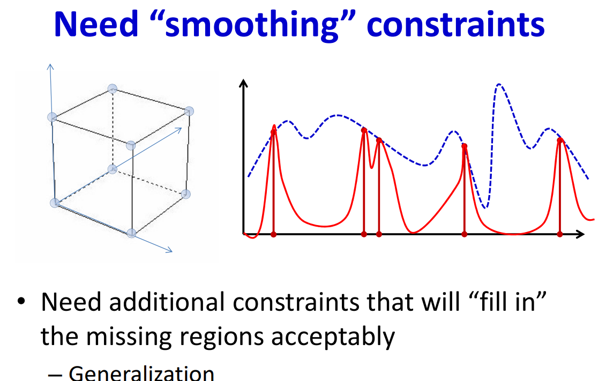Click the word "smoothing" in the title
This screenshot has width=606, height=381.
pyautogui.click(x=252, y=25)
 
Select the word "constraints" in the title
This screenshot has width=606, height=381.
pyautogui.click(x=455, y=24)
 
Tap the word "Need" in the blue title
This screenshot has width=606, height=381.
pyautogui.click(x=96, y=24)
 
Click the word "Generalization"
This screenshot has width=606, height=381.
pyautogui.click(x=141, y=373)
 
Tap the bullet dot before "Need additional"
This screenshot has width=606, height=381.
pyautogui.click(x=21, y=302)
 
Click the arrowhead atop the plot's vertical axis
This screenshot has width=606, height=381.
pyautogui.click(x=243, y=83)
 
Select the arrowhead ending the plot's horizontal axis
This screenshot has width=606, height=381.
pyautogui.click(x=580, y=234)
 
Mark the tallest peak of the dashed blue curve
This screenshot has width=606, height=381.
pyautogui.click(x=499, y=84)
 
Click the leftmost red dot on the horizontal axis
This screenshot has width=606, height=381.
pyautogui.click(x=273, y=234)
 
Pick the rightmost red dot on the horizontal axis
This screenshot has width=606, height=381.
pyautogui.click(x=559, y=234)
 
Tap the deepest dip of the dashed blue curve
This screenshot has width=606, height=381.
pyautogui.click(x=486, y=207)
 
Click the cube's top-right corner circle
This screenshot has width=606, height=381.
pyautogui.click(x=189, y=111)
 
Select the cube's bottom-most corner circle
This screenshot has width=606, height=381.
pyautogui.click(x=131, y=233)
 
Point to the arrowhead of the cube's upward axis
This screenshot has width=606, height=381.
pyautogui.click(x=50, y=67)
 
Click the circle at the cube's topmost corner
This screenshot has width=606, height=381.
pyautogui.click(x=112, y=89)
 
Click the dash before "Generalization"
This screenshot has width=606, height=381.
pyautogui.click(x=55, y=375)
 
